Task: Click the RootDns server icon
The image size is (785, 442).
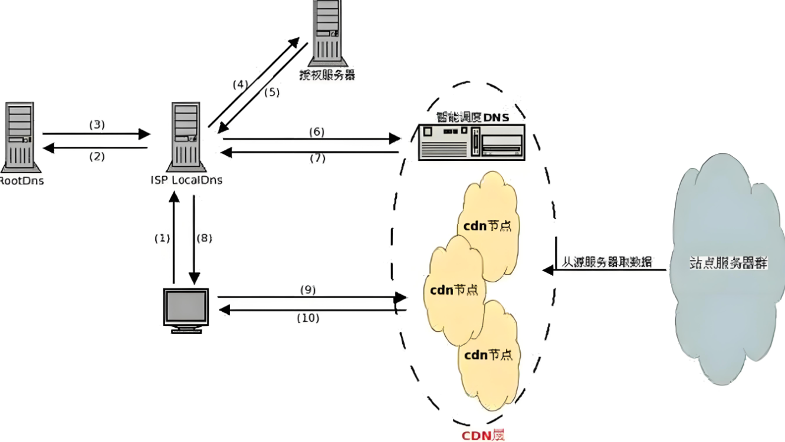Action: pyautogui.click(x=19, y=136)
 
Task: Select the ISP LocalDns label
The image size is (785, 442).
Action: pyautogui.click(x=186, y=180)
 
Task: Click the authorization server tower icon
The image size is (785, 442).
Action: pyautogui.click(x=326, y=32)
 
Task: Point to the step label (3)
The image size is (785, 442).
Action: pyautogui.click(x=96, y=124)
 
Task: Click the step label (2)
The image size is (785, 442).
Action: pyautogui.click(x=96, y=156)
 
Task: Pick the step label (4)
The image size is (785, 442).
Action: pyautogui.click(x=240, y=84)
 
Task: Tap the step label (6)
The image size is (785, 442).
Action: pyautogui.click(x=317, y=131)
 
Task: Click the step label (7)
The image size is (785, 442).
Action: pyautogui.click(x=317, y=158)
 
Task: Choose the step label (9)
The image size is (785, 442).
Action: pyautogui.click(x=308, y=289)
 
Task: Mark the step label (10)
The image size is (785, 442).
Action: pyautogui.click(x=307, y=318)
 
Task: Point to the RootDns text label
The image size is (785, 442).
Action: pyautogui.click(x=21, y=180)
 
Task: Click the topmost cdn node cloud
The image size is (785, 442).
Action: pyautogui.click(x=487, y=218)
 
